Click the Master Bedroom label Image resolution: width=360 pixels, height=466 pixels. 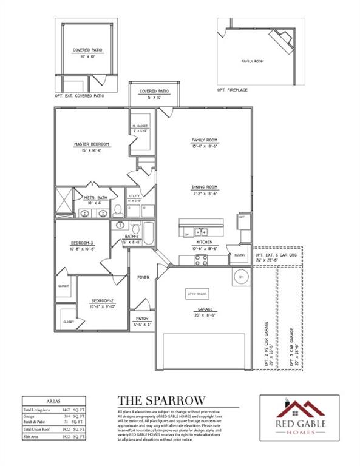click(91, 144)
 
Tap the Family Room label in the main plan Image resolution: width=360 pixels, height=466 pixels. click(204, 140)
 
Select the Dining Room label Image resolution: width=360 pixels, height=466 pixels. click(204, 187)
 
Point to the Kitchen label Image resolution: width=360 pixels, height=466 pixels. click(204, 242)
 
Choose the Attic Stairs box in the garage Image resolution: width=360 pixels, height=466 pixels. click(197, 293)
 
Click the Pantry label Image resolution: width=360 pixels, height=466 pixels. click(239, 255)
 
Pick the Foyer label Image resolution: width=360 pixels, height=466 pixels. click(143, 277)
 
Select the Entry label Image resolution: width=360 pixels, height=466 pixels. click(143, 319)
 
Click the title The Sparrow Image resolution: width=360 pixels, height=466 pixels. click(160, 399)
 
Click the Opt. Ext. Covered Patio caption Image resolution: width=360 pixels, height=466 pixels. click(80, 96)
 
